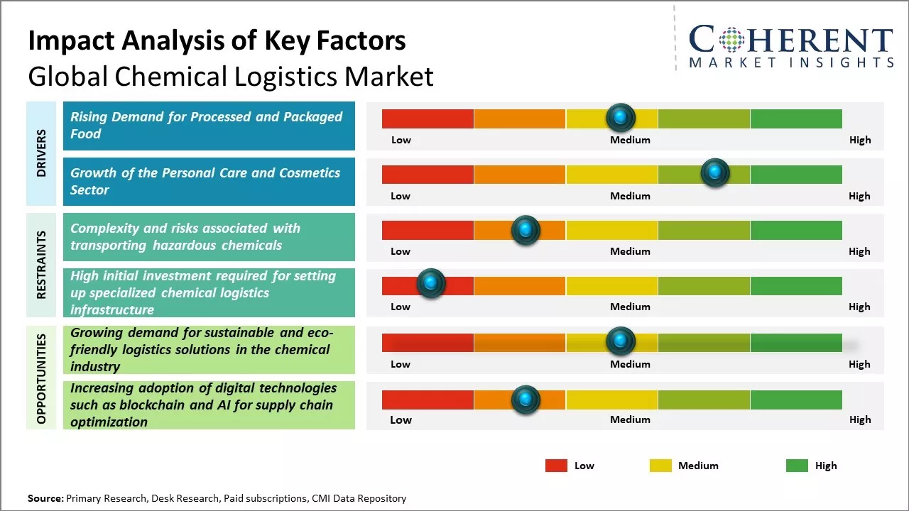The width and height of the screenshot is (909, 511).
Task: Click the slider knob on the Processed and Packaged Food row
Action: pyautogui.click(x=621, y=117)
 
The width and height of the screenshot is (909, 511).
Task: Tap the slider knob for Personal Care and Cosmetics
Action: pyautogui.click(x=714, y=172)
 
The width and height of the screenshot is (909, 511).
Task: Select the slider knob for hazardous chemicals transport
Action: pyautogui.click(x=526, y=230)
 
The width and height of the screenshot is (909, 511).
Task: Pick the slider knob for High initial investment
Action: pyautogui.click(x=430, y=284)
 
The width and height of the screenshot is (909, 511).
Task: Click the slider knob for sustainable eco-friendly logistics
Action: pyautogui.click(x=621, y=341)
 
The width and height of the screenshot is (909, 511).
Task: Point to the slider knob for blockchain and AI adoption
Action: pyautogui.click(x=526, y=400)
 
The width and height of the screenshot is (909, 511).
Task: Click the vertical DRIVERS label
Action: pyautogui.click(x=41, y=153)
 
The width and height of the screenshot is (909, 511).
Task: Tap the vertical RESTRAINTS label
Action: pyautogui.click(x=41, y=265)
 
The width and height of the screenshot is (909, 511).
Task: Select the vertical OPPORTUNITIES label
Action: pyautogui.click(x=41, y=378)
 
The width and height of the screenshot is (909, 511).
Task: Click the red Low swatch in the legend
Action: pyautogui.click(x=556, y=466)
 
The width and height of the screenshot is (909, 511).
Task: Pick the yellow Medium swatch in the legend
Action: pyautogui.click(x=660, y=466)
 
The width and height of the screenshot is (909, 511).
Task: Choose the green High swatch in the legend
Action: pyautogui.click(x=797, y=466)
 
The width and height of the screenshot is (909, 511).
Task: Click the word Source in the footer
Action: pyautogui.click(x=45, y=498)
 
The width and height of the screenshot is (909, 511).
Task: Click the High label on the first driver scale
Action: pyautogui.click(x=860, y=140)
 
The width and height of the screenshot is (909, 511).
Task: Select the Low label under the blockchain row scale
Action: pyautogui.click(x=401, y=419)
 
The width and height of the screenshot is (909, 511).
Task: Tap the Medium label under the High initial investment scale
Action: pyautogui.click(x=630, y=307)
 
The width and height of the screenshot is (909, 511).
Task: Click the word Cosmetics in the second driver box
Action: pyautogui.click(x=310, y=172)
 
